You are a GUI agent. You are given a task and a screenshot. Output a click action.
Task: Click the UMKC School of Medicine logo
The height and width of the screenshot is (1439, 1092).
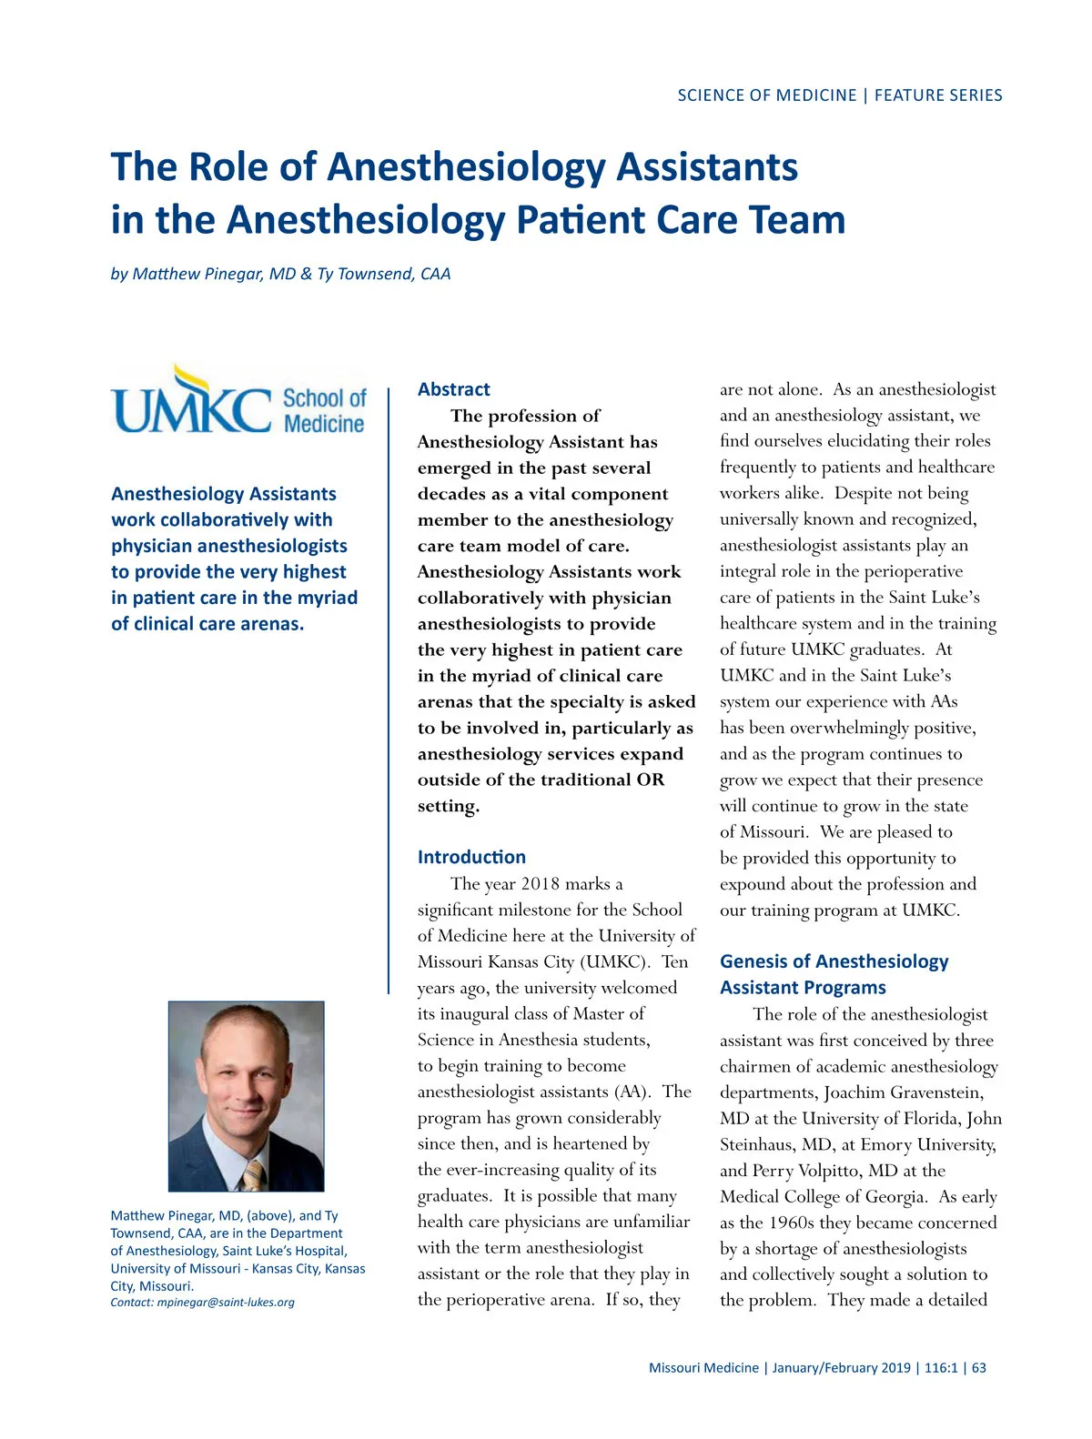click(x=238, y=401)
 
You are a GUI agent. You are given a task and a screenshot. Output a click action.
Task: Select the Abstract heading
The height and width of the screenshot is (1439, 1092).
click(x=453, y=389)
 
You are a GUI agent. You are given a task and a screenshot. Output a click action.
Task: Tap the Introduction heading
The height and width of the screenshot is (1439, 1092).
click(x=471, y=857)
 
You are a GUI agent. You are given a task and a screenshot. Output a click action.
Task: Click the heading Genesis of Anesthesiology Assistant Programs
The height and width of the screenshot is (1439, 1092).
click(x=834, y=974)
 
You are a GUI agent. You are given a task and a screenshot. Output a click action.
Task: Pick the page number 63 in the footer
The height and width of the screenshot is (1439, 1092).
click(x=978, y=1368)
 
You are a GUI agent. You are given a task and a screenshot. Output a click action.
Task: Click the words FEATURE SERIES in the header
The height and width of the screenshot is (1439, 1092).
click(x=938, y=96)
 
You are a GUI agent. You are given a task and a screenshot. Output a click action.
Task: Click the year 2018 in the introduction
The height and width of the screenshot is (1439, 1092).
click(x=540, y=884)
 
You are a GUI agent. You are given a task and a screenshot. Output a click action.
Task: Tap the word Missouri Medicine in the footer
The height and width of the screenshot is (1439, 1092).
click(x=703, y=1368)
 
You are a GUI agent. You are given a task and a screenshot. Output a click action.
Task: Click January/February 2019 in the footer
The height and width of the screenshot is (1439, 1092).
click(x=841, y=1368)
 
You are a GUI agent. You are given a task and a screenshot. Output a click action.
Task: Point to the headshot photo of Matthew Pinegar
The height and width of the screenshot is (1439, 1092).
click(x=246, y=1096)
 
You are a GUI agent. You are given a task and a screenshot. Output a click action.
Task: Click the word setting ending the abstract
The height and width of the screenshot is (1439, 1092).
click(x=447, y=807)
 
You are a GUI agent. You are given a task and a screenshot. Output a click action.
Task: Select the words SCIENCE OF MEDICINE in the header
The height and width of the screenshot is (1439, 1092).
click(x=766, y=96)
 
